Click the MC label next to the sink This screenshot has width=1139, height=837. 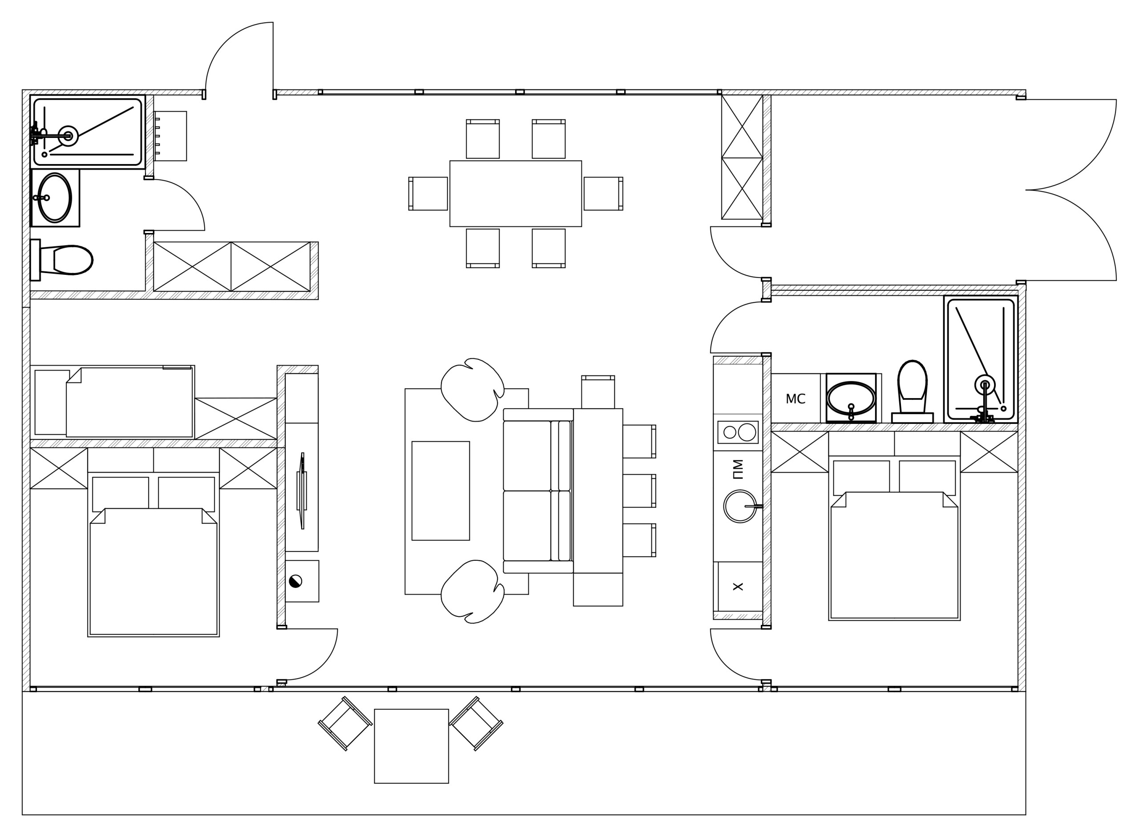click(x=795, y=399)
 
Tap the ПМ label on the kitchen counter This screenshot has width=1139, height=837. click(x=738, y=469)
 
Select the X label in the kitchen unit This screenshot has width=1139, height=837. click(x=738, y=587)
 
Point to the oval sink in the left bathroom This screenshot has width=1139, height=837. click(x=55, y=197)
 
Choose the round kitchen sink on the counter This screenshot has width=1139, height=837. click(x=739, y=506)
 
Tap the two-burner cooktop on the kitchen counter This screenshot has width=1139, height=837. click(x=738, y=432)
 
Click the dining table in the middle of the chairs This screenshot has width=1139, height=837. click(x=516, y=193)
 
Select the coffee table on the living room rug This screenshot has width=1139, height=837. click(x=440, y=491)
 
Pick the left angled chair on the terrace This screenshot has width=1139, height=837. click(x=345, y=724)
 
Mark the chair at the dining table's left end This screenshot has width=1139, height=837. click(x=429, y=193)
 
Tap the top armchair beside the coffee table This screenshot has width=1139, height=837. click(x=472, y=390)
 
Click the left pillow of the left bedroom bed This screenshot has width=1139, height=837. click(x=121, y=494)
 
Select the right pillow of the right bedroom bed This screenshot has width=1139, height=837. click(x=927, y=477)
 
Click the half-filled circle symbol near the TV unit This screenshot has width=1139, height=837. click(x=295, y=581)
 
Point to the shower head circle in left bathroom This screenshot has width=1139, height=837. click(x=68, y=136)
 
